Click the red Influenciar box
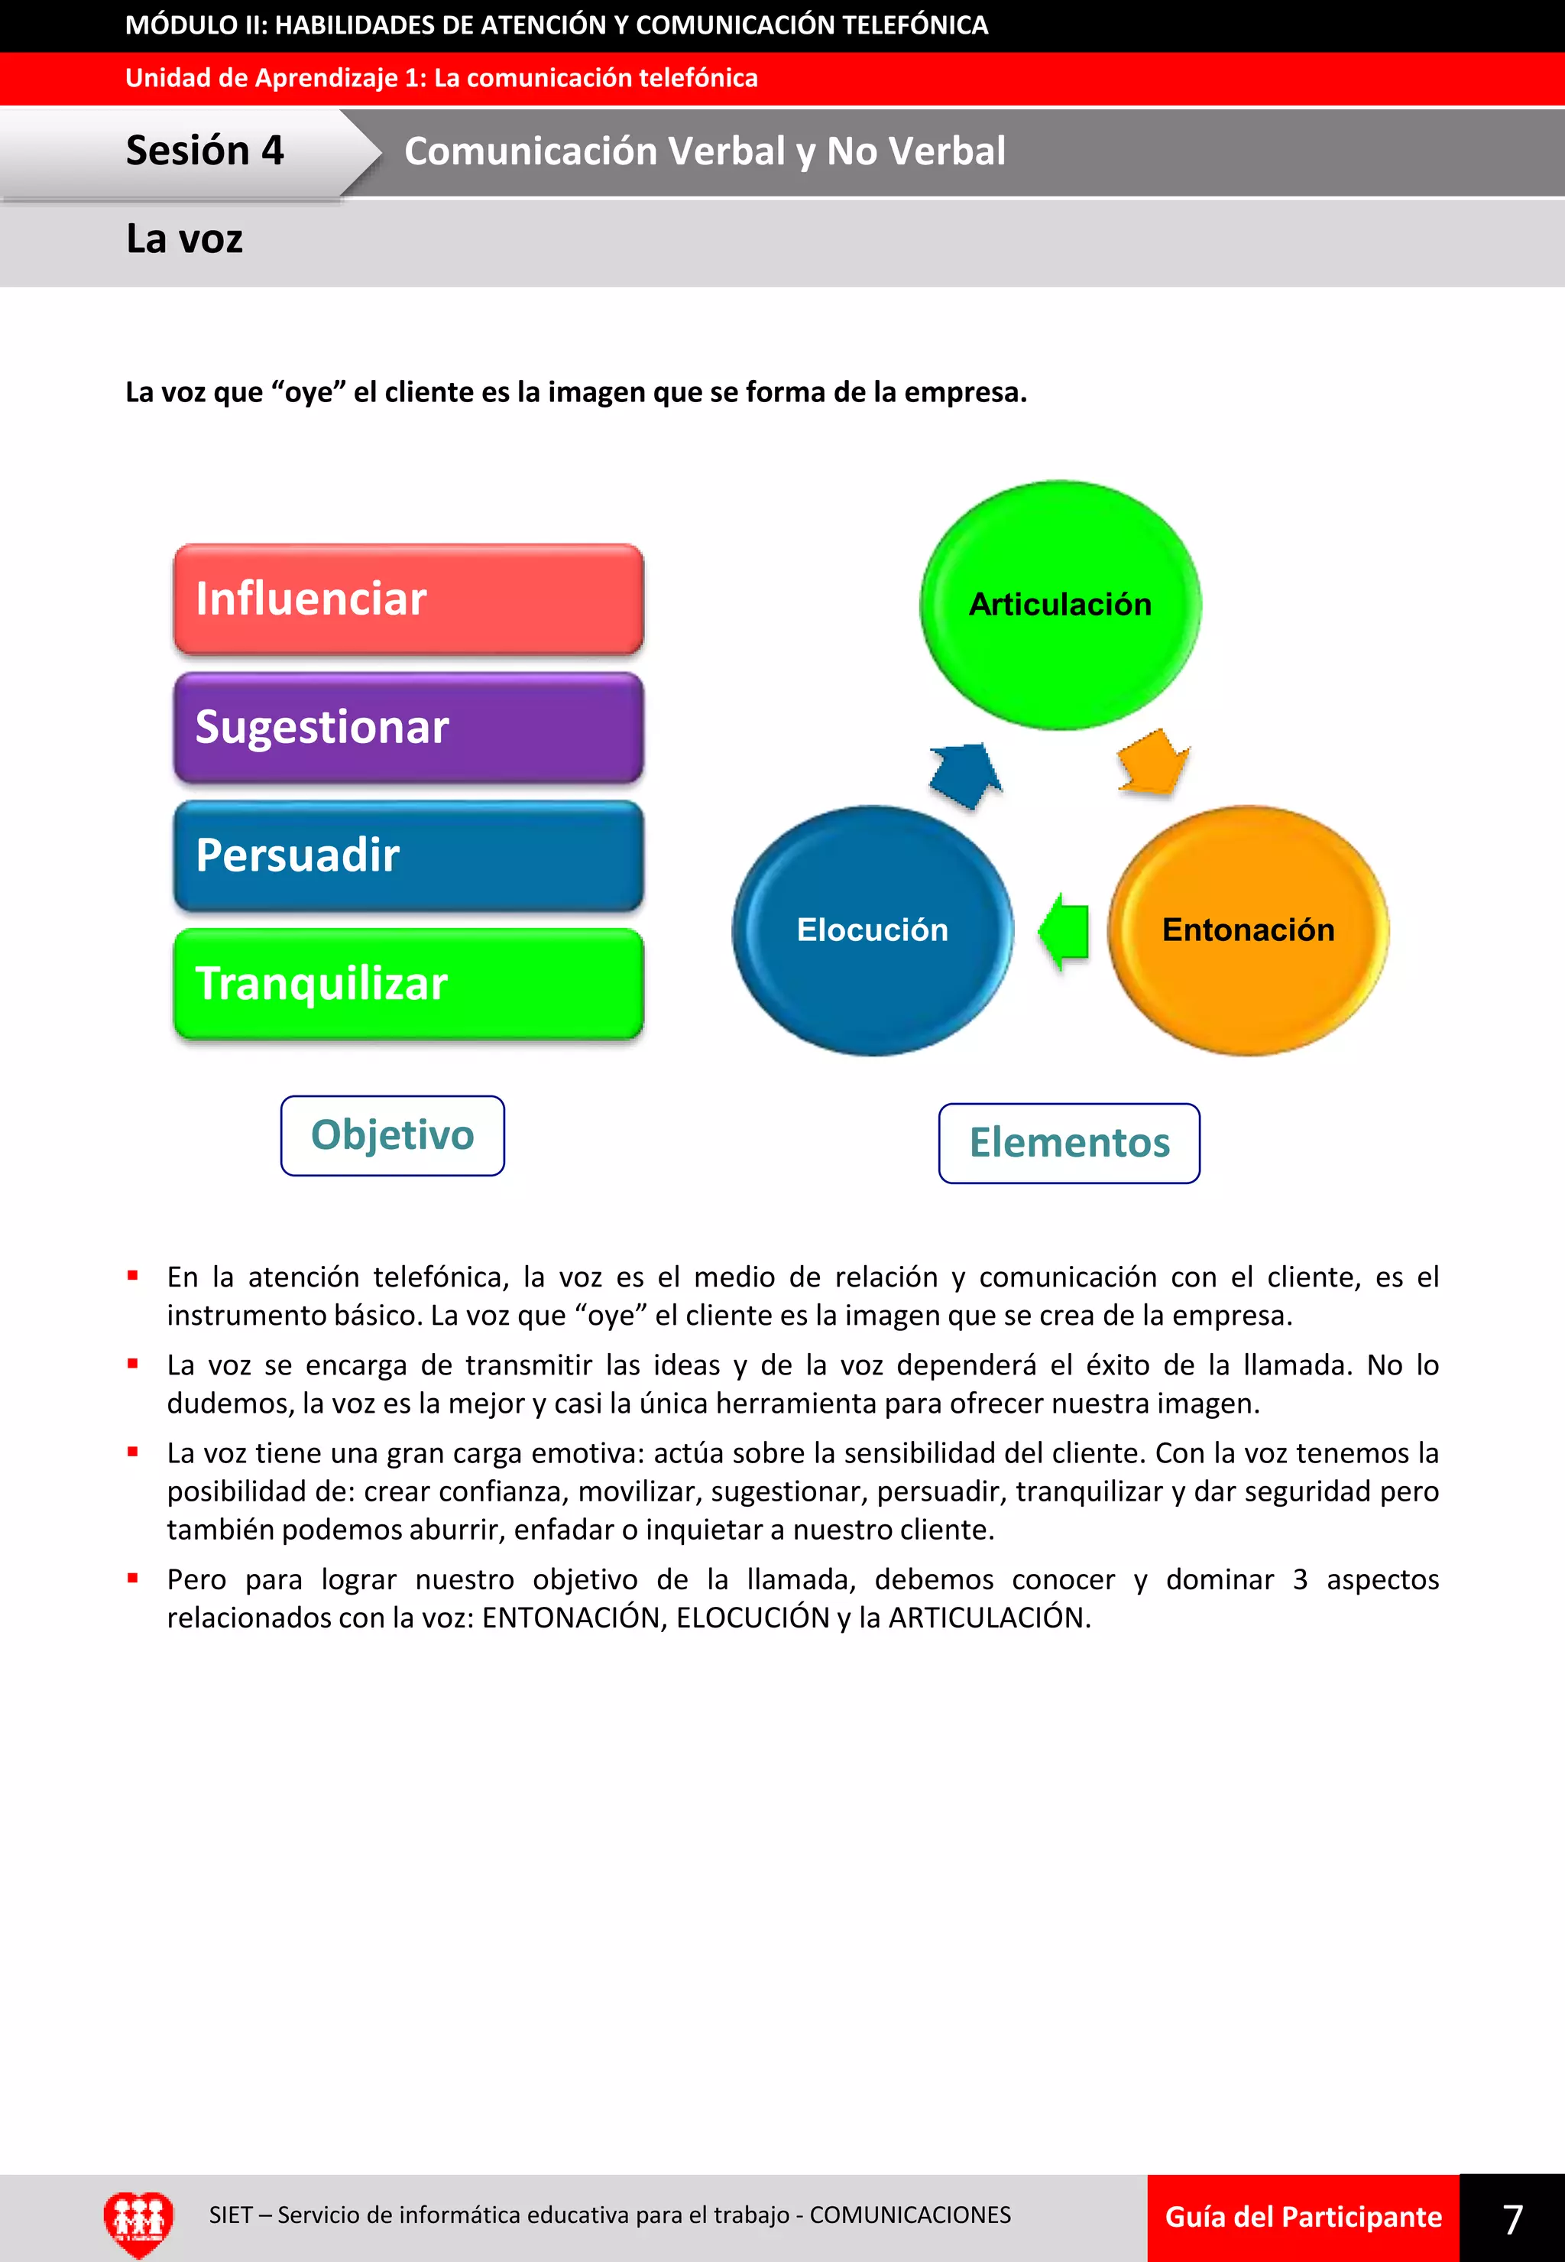point(408,599)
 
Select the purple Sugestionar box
point(408,727)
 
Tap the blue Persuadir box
point(408,855)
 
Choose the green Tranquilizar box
point(408,984)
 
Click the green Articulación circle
point(1060,604)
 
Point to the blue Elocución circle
point(872,930)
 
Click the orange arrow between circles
point(1153,762)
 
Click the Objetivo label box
point(392,1135)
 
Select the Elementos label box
point(1069,1143)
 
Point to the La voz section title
point(184,239)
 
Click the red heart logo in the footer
point(138,2221)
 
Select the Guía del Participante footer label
point(1303,2218)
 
